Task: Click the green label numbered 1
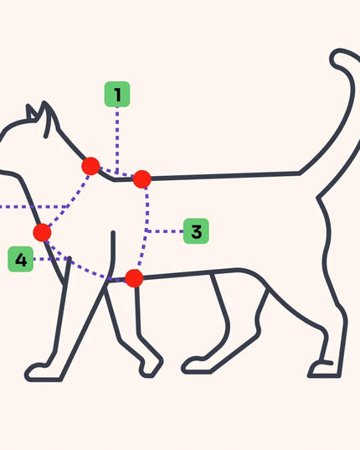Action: [x=117, y=94]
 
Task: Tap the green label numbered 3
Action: [x=196, y=231]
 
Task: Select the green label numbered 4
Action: [x=21, y=259]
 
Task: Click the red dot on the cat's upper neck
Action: [x=90, y=166]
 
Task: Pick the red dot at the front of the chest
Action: [x=42, y=232]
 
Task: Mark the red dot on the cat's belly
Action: [x=134, y=278]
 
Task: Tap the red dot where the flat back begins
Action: [x=141, y=179]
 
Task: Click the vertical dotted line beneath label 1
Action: [x=117, y=141]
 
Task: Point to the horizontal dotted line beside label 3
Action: [x=165, y=231]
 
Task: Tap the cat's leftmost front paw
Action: [x=43, y=373]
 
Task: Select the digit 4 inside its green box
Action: [x=21, y=260]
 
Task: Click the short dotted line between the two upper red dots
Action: [x=116, y=172]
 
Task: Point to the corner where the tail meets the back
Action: [x=299, y=173]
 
